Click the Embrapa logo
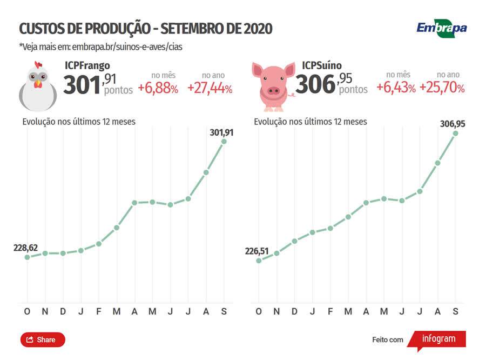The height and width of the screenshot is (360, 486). [441, 28]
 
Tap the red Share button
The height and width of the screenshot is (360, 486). [43, 339]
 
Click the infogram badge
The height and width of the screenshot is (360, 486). [437, 339]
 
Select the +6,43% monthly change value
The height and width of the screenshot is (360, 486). [396, 88]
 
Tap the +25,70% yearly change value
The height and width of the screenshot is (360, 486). [442, 88]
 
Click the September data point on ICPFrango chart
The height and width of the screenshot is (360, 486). [224, 142]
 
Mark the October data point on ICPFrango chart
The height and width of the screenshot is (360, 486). [27, 257]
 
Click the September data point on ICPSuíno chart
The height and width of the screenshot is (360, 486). [456, 133]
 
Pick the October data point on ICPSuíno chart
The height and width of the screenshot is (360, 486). [259, 261]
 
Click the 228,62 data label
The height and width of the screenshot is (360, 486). [25, 248]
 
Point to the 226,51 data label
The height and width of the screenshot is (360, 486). [257, 251]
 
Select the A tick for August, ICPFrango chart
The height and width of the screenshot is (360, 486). [206, 311]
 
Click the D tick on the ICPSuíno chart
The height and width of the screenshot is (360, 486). [294, 311]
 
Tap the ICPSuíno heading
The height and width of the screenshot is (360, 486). [322, 65]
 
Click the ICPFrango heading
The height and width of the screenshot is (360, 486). [87, 65]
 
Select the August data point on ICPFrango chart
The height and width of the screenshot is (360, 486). [206, 172]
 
